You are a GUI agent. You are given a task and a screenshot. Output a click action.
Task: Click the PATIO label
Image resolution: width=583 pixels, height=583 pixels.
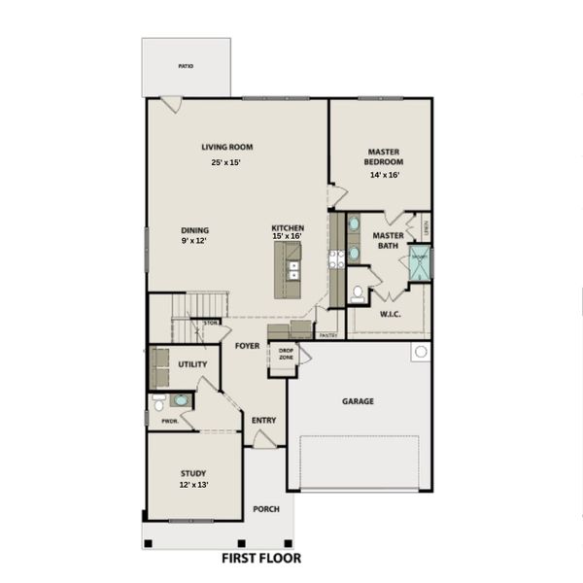tap(186, 66)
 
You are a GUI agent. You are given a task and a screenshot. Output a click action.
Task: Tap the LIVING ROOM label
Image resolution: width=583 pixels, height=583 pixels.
tap(227, 148)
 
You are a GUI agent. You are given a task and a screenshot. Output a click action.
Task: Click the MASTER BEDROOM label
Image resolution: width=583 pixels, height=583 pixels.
tap(385, 156)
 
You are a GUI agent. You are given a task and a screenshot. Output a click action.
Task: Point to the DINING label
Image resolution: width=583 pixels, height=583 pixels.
tap(194, 230)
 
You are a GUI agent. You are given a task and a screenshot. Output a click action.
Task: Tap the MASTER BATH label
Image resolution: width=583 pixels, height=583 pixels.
tap(389, 240)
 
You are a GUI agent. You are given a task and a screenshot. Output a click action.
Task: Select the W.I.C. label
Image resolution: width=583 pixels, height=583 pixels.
tap(388, 313)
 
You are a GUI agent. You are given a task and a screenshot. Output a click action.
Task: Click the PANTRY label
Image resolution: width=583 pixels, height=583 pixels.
tap(328, 335)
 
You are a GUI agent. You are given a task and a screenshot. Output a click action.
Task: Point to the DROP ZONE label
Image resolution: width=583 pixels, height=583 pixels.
tap(286, 355)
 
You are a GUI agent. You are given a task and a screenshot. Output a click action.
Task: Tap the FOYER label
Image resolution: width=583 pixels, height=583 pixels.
tap(247, 345)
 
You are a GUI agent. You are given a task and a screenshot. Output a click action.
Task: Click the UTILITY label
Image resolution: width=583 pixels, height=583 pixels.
tap(191, 364)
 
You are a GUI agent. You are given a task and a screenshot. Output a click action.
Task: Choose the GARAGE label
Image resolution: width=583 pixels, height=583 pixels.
tap(358, 400)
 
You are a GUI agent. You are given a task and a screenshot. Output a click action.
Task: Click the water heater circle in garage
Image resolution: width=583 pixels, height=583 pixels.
tap(420, 352)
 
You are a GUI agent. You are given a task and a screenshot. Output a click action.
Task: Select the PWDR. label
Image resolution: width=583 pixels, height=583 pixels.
tap(169, 421)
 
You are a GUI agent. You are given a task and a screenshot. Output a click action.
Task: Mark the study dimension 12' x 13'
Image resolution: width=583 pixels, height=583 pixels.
tap(193, 484)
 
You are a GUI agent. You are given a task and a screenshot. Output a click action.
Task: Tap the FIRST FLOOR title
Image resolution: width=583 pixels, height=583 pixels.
tap(261, 559)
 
